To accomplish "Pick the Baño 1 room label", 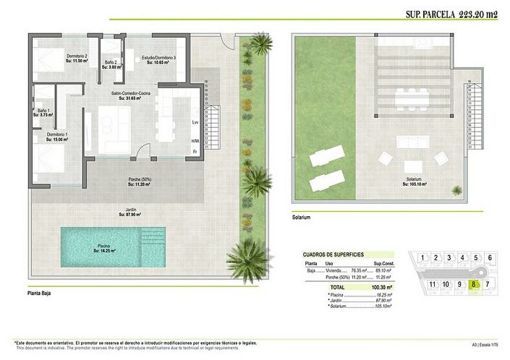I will (44, 112).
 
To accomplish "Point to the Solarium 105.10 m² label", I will (414, 181).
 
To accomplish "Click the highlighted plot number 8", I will (474, 284).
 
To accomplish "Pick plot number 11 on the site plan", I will (433, 284).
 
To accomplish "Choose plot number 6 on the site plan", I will (490, 257).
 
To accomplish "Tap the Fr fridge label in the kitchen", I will (195, 151).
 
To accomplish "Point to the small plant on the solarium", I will (457, 190).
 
